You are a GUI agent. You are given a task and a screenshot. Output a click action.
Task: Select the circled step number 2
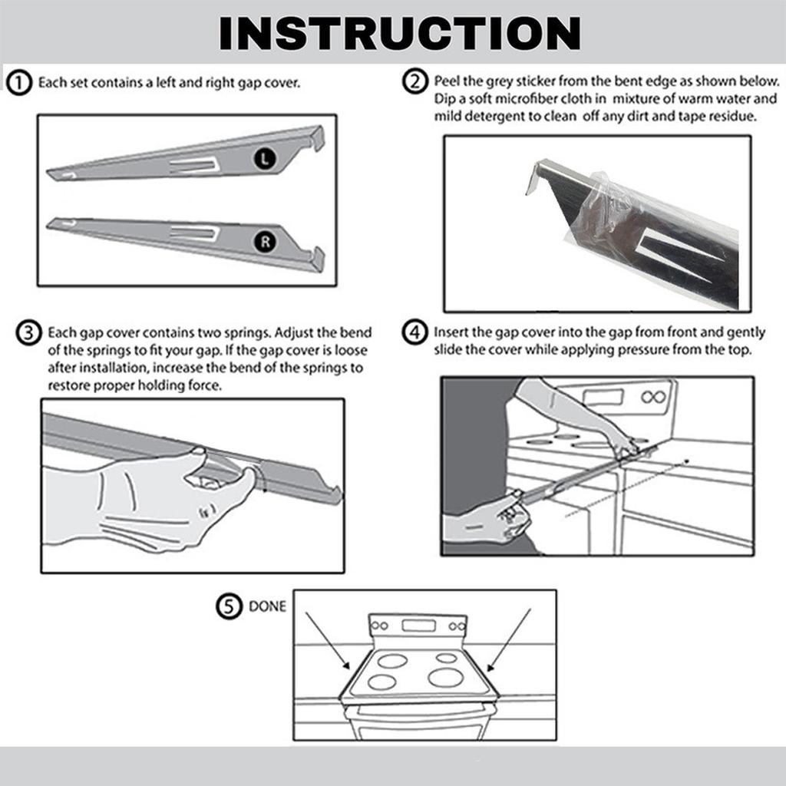415,82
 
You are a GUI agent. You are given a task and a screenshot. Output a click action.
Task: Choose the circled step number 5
228,606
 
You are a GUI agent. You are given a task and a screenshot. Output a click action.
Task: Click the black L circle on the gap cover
264,159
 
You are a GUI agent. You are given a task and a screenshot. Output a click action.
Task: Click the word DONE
266,606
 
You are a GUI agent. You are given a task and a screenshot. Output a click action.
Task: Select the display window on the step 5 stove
418,625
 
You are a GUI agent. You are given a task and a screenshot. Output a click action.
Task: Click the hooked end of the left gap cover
316,137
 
